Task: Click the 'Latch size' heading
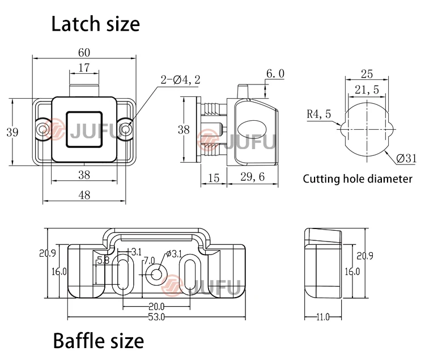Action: click(x=95, y=24)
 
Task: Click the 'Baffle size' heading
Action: click(x=98, y=341)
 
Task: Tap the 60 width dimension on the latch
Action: click(x=84, y=53)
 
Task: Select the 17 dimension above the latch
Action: click(x=83, y=68)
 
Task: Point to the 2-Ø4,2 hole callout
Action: click(x=180, y=79)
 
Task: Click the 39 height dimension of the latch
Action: click(x=12, y=132)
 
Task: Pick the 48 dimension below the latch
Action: click(x=84, y=195)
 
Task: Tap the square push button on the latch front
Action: click(x=84, y=130)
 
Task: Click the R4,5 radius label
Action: click(x=318, y=114)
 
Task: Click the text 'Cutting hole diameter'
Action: click(x=358, y=179)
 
